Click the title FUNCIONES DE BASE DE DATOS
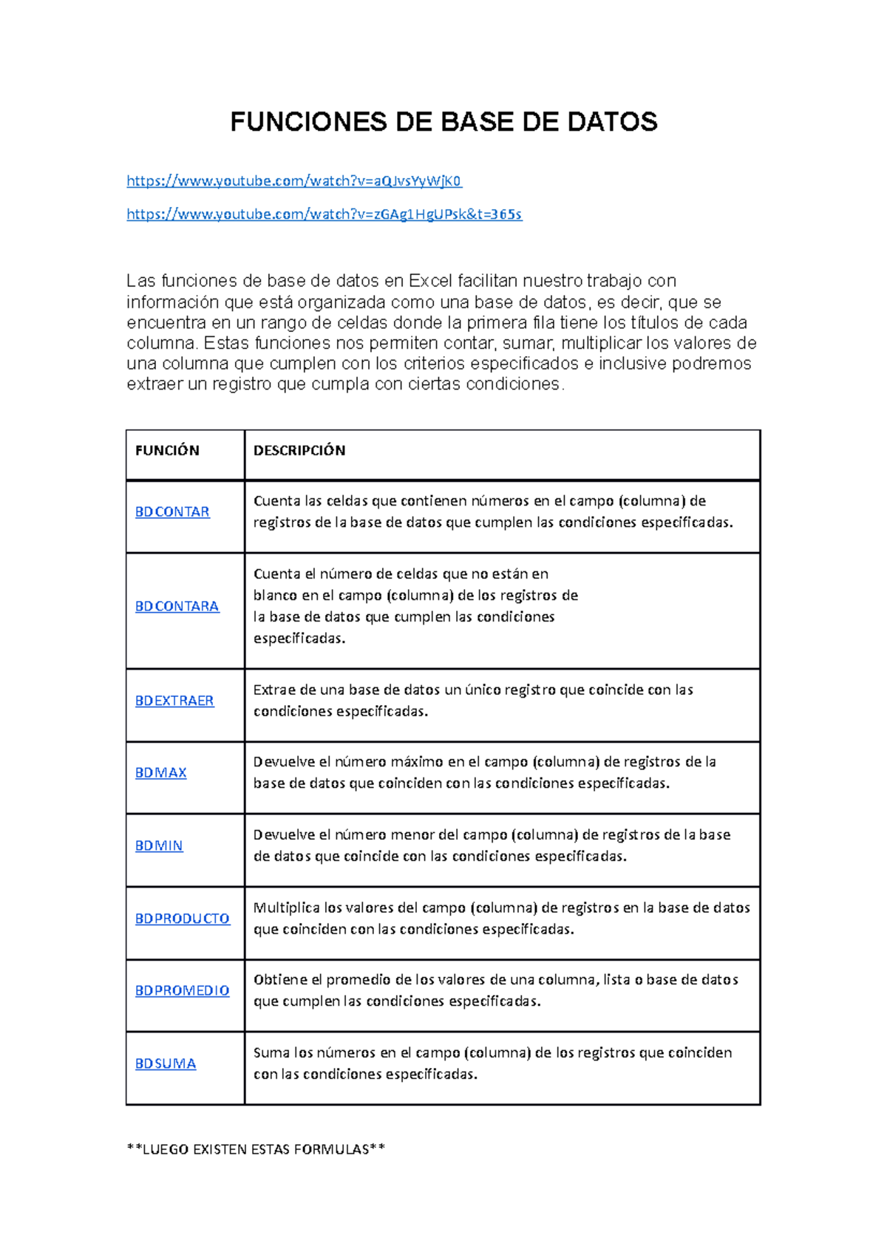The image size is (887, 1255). (443, 122)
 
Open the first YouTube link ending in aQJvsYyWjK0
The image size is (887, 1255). (294, 181)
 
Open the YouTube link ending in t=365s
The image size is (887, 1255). (324, 214)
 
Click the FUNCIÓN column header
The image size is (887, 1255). (167, 451)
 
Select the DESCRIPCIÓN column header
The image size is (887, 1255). (299, 451)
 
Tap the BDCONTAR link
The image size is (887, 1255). (172, 511)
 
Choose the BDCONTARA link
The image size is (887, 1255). (177, 606)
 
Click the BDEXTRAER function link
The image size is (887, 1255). (174, 701)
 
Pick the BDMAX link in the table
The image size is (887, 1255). (160, 772)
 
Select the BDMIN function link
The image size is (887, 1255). (159, 846)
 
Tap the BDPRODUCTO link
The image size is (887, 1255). (182, 918)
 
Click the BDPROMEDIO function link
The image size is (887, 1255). (182, 990)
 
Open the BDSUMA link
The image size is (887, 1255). (166, 1064)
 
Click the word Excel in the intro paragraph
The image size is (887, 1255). (430, 281)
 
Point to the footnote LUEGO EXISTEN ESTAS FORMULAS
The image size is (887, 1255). (256, 1149)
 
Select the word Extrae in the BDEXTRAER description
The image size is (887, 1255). (273, 690)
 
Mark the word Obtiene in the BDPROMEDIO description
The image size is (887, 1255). (279, 980)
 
